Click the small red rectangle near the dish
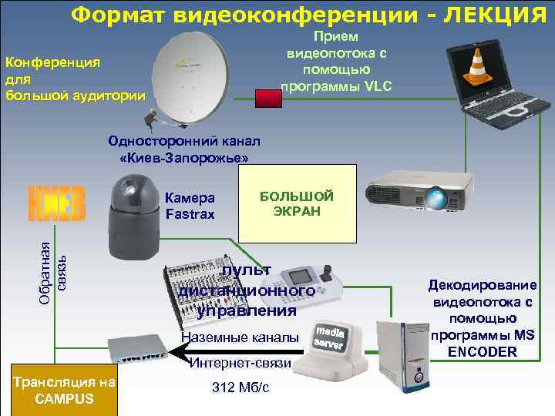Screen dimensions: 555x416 (x=268, y=98)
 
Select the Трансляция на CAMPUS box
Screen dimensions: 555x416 (x=64, y=391)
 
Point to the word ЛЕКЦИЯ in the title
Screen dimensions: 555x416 (x=488, y=15)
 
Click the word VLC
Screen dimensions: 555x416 (x=376, y=86)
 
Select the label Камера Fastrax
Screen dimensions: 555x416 (x=189, y=206)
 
